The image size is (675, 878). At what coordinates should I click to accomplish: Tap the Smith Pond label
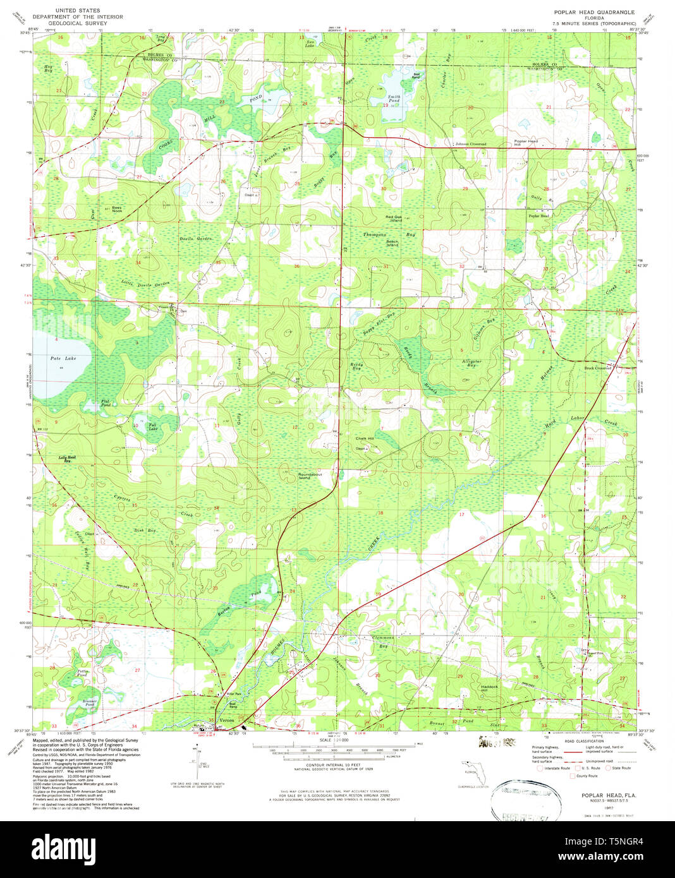(394, 99)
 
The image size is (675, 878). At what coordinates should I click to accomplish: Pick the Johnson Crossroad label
(471, 144)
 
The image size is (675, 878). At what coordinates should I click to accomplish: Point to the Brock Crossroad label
(597, 368)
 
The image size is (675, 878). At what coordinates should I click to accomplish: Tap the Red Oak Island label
(393, 219)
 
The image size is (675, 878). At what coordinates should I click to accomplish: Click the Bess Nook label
(117, 208)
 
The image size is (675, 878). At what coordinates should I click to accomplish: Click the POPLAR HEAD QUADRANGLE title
(585, 12)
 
